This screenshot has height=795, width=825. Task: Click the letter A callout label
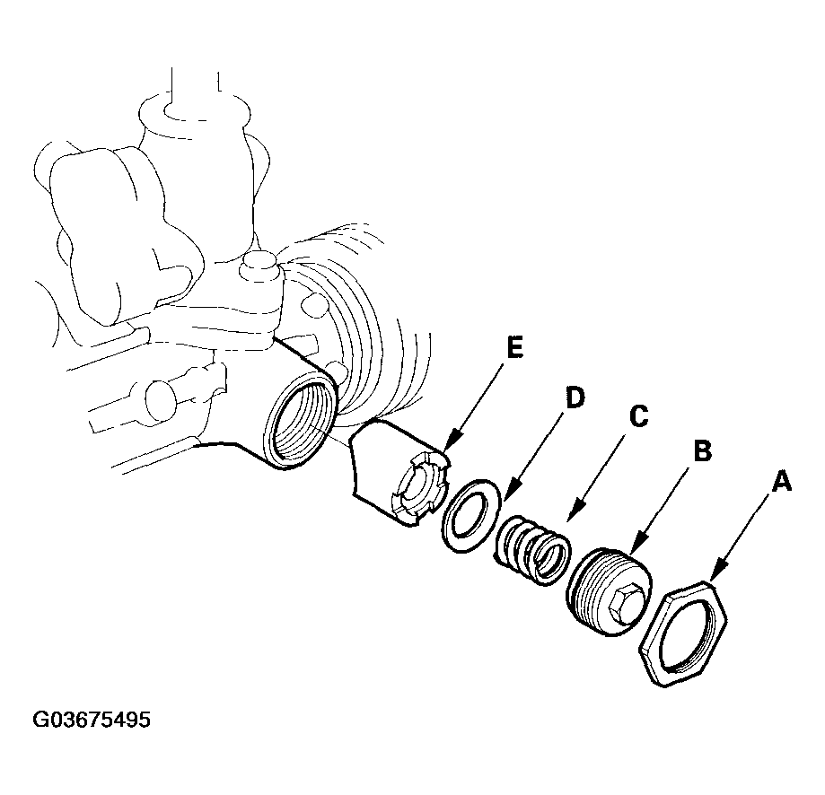click(x=782, y=483)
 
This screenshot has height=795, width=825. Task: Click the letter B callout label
click(x=702, y=450)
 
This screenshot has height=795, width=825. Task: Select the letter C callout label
click(x=639, y=417)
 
